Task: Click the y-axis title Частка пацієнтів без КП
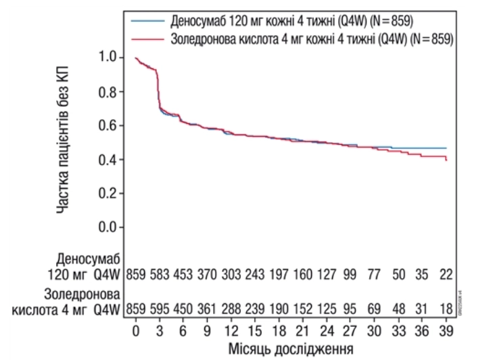pyautogui.click(x=63, y=143)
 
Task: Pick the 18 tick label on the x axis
pyautogui.click(x=279, y=332)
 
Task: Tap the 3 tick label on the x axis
pyautogui.click(x=159, y=332)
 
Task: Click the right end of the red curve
pyautogui.click(x=447, y=160)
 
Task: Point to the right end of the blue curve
pyautogui.click(x=447, y=148)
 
